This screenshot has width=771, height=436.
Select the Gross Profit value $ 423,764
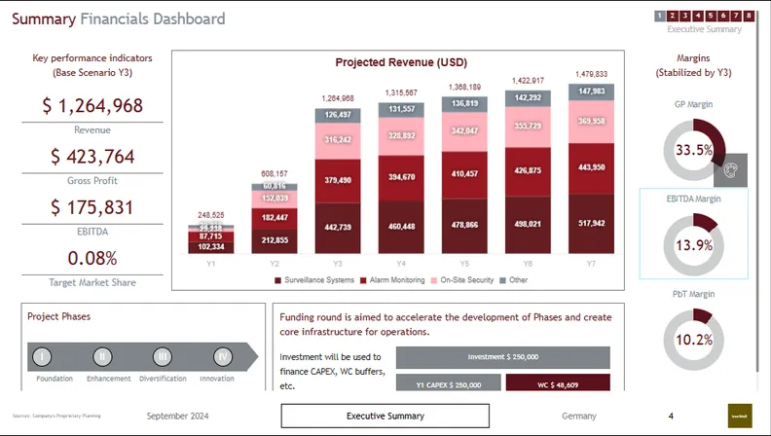pyautogui.click(x=92, y=157)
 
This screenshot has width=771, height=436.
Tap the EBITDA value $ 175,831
pyautogui.click(x=92, y=207)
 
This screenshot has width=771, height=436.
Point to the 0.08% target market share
pyautogui.click(x=92, y=258)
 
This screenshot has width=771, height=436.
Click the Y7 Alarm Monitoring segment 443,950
pyautogui.click(x=592, y=167)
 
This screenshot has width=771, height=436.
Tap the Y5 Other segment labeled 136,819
pyautogui.click(x=465, y=103)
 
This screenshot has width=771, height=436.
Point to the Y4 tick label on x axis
pyautogui.click(x=402, y=263)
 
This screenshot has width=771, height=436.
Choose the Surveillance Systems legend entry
pyautogui.click(x=313, y=280)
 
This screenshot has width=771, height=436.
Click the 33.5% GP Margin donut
pyautogui.click(x=694, y=150)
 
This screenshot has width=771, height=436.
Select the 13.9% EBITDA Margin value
pyautogui.click(x=694, y=245)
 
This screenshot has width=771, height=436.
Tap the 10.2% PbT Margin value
pyautogui.click(x=694, y=340)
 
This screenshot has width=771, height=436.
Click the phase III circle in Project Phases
pyautogui.click(x=163, y=356)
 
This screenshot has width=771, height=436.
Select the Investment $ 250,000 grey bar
pyautogui.click(x=503, y=357)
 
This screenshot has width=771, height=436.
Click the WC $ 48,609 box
pyautogui.click(x=558, y=384)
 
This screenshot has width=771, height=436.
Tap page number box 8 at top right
pyautogui.click(x=749, y=16)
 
